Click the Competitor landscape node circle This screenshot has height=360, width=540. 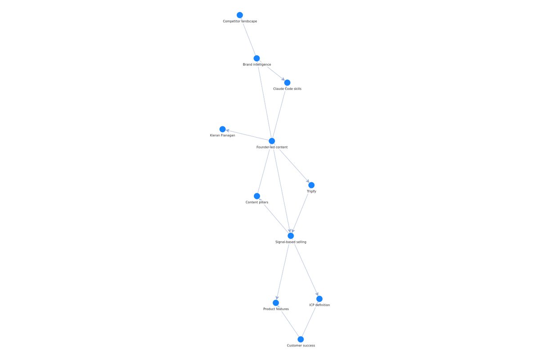tap(239, 15)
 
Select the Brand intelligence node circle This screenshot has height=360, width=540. tap(257, 58)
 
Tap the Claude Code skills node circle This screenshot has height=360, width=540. tap(287, 83)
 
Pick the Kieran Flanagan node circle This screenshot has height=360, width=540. tap(222, 129)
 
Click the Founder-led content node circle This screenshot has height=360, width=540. tap(272, 141)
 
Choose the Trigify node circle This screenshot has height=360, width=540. tap(311, 185)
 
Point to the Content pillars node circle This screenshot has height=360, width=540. tap(257, 196)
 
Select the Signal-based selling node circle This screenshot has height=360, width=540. tap(291, 236)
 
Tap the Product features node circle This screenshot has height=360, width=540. tap(276, 303)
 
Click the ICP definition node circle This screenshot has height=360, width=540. tap(319, 299)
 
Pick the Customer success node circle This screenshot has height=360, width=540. tap(301, 339)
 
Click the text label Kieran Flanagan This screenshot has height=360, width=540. tap(222, 135)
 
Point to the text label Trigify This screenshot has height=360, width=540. tap(311, 191)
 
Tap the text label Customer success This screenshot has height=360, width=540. tap(301, 346)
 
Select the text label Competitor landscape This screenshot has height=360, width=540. tap(240, 21)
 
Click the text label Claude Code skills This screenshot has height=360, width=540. tap(287, 89)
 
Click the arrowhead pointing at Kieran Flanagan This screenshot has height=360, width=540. tap(227, 130)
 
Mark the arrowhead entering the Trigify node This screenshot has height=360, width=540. tap(308, 181)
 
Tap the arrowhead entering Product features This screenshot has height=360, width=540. tap(277, 298)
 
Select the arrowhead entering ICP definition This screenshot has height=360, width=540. tap(317, 294)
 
